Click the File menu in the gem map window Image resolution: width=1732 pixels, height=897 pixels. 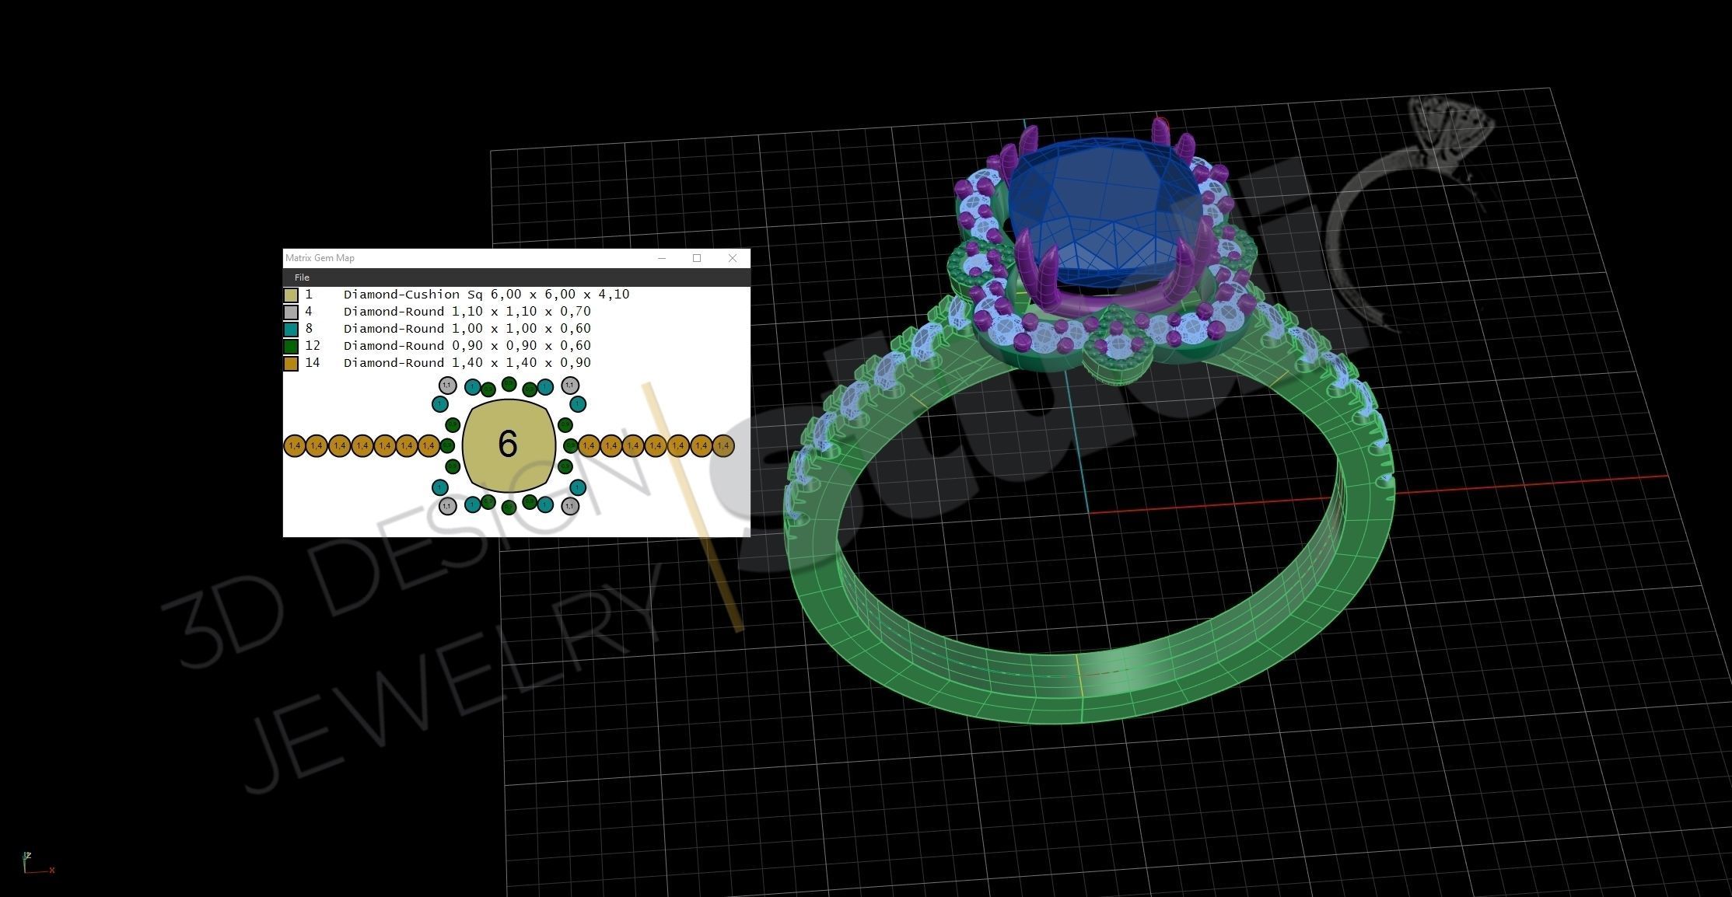pos(302,277)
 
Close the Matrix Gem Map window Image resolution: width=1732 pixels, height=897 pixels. pos(732,258)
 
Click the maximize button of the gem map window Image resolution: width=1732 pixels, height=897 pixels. pos(697,258)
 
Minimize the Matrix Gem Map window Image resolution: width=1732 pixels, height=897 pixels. pos(662,258)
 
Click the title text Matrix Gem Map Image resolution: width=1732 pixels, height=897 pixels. pos(320,258)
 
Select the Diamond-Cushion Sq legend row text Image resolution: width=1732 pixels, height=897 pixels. pos(486,295)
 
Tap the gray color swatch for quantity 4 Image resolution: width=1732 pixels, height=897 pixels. pos(291,312)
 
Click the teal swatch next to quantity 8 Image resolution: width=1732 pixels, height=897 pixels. pos(291,330)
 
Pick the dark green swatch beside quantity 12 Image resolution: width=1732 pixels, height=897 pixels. pos(291,347)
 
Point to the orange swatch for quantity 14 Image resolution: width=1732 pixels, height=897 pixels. pos(291,364)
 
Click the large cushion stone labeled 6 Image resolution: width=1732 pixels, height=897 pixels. pos(509,445)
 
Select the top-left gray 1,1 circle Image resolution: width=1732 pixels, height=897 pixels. pos(447,386)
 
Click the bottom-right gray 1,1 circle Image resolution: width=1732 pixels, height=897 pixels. pos(570,506)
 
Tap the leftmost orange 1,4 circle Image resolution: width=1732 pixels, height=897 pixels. pos(294,446)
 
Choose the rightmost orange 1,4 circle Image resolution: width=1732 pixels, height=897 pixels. pos(723,446)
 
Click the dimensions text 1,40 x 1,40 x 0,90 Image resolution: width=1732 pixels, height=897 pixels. pos(521,363)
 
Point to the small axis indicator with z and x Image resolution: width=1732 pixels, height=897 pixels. pos(35,863)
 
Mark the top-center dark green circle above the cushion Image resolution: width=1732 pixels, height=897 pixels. pos(509,384)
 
